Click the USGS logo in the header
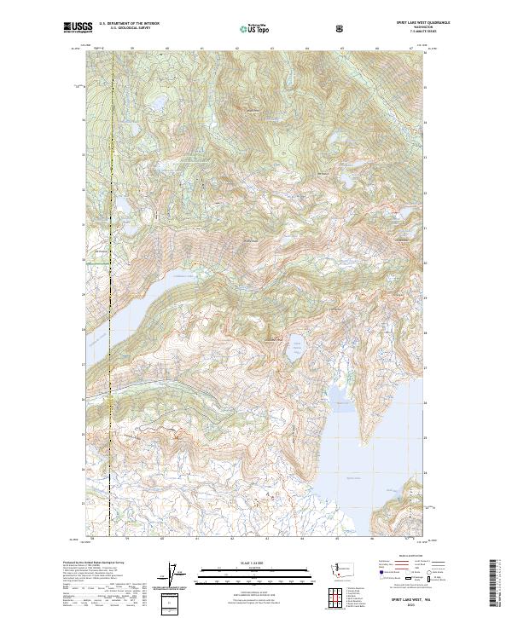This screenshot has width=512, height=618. [x=78, y=27]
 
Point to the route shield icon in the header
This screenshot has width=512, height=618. [x=341, y=27]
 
